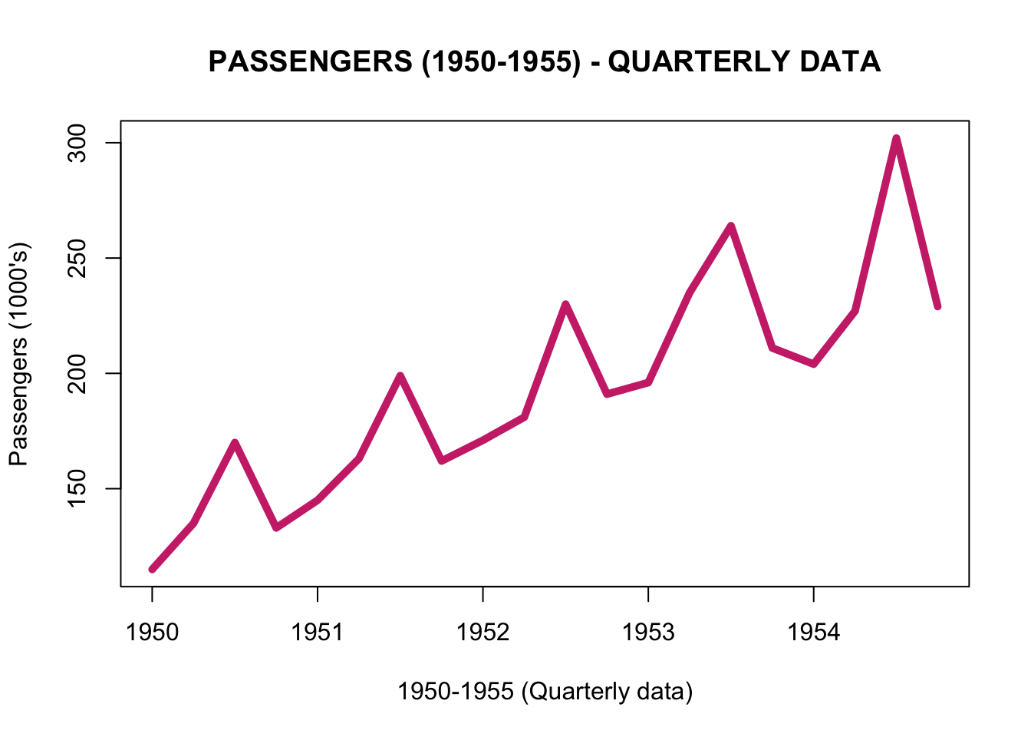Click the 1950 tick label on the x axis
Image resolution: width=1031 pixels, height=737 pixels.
click(152, 632)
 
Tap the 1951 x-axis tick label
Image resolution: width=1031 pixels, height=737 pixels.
click(318, 632)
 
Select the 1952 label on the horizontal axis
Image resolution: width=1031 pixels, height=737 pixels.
click(483, 632)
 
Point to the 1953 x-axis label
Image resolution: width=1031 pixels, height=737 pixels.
click(648, 632)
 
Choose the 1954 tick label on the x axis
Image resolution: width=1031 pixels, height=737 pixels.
click(814, 632)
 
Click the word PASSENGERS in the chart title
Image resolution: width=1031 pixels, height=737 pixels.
click(310, 62)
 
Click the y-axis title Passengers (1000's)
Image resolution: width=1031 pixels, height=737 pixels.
click(18, 355)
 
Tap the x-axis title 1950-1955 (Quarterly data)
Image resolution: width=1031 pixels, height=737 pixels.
click(545, 692)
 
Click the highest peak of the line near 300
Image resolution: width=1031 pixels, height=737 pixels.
click(896, 139)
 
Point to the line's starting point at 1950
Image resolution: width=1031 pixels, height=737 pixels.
click(152, 569)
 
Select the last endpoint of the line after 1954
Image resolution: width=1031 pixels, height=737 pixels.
click(937, 306)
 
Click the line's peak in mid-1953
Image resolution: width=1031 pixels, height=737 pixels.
click(731, 226)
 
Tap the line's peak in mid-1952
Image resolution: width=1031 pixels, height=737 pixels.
click(565, 305)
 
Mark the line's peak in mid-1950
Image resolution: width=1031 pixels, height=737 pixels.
click(235, 443)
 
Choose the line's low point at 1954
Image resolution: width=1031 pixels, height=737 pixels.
click(814, 364)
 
